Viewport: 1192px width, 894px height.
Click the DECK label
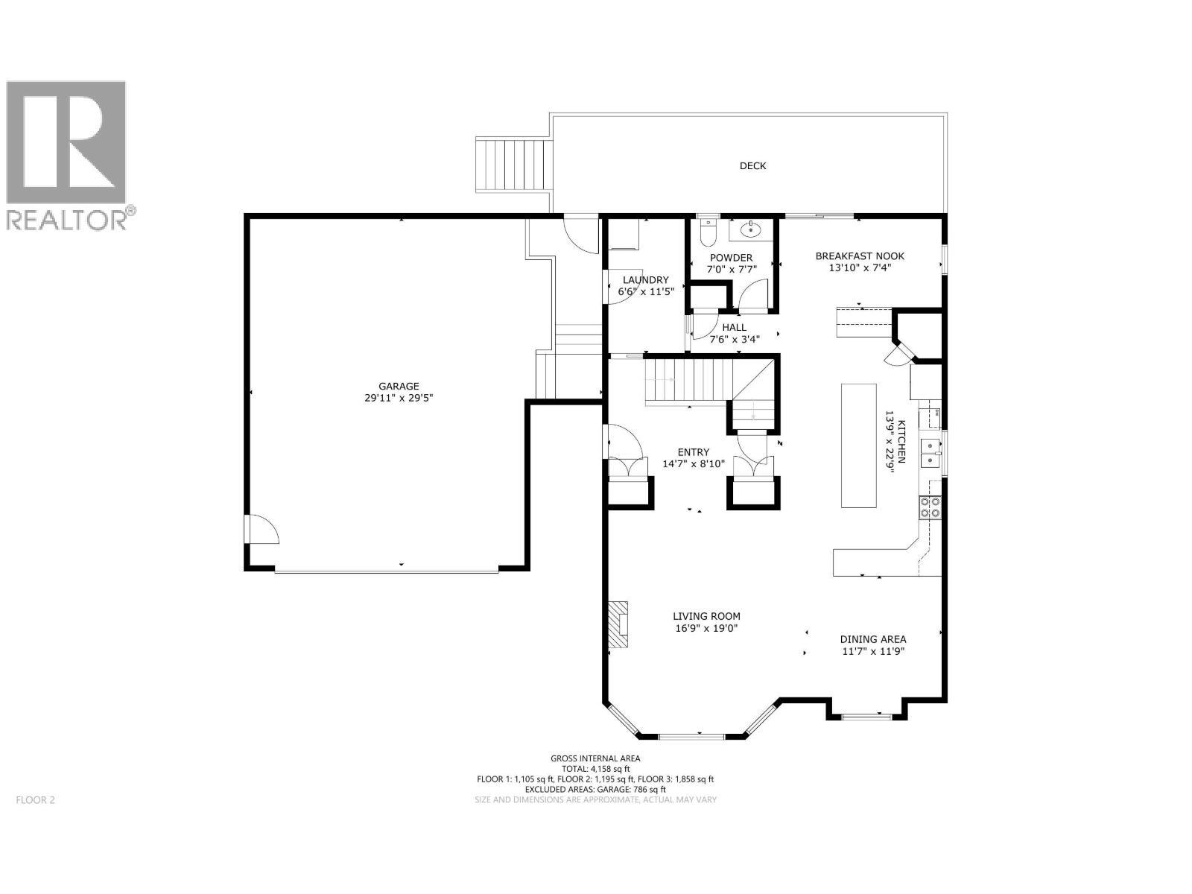pos(752,166)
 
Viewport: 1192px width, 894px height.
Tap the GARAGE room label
pos(399,386)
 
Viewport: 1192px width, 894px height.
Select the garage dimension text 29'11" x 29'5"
pos(399,398)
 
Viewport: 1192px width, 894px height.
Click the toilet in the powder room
pos(708,232)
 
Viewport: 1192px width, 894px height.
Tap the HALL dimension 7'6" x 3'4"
pos(734,340)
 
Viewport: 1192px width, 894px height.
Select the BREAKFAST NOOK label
pos(860,256)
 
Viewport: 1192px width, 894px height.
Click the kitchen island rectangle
pos(858,446)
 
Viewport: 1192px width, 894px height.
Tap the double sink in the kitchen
pos(931,453)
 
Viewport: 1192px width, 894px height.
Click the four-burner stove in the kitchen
pos(930,507)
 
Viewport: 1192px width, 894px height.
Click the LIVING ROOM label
pos(706,616)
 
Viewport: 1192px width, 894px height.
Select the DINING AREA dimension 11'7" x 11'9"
pos(873,651)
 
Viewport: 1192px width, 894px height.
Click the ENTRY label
pos(693,452)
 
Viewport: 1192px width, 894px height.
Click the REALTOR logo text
pos(71,220)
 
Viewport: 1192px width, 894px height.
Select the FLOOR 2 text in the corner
pos(35,800)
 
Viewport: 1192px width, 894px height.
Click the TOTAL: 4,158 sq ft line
pos(595,769)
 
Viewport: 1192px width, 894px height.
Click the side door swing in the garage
pos(262,530)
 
